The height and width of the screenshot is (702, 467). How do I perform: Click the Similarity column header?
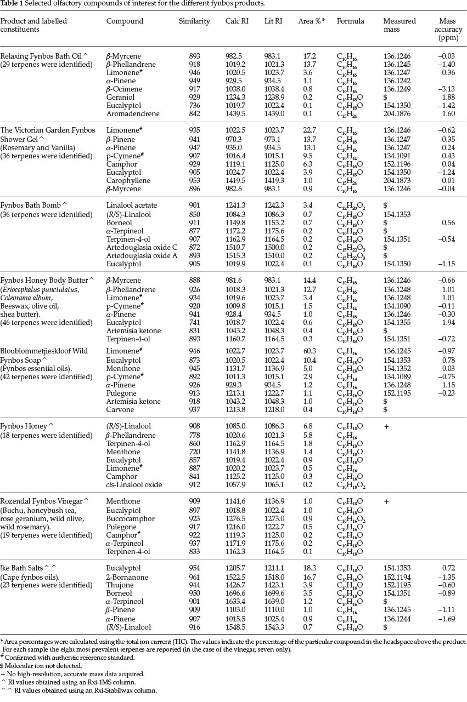pos(194,21)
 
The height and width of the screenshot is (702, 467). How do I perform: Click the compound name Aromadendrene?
pos(133,113)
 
